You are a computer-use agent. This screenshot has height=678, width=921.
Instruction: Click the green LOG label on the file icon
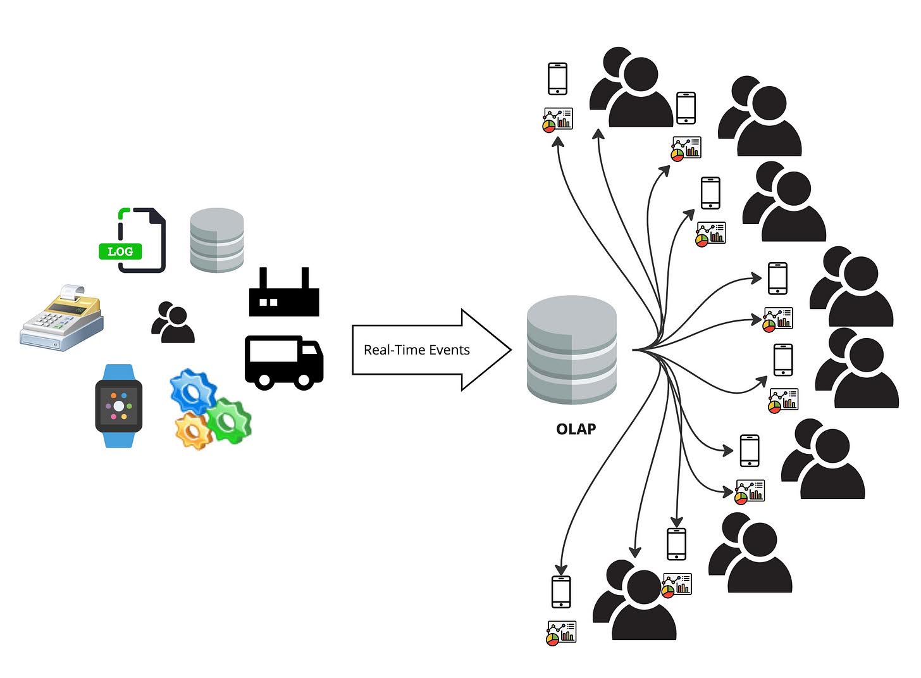(120, 251)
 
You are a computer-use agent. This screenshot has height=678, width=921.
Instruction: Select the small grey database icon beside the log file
(217, 240)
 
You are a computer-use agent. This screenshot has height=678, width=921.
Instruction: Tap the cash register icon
(61, 320)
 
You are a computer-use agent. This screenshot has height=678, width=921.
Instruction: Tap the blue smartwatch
(119, 406)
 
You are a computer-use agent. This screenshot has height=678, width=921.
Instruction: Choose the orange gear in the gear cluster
(192, 430)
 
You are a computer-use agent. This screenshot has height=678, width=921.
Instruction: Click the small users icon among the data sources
(172, 322)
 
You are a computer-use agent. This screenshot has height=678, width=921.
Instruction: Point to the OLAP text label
(576, 429)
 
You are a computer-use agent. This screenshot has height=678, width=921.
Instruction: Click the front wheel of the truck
(304, 380)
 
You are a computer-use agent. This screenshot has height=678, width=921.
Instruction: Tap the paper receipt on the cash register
(71, 292)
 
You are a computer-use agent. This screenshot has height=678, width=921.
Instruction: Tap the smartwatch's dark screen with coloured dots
(119, 406)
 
